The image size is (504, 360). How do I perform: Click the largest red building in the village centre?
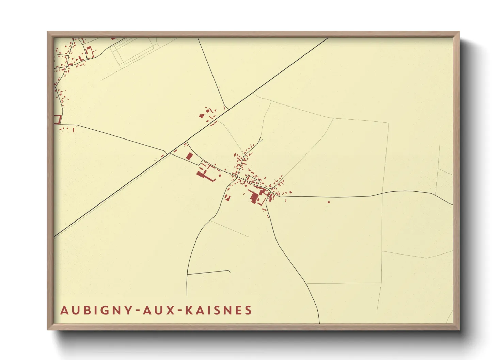coord(254,197)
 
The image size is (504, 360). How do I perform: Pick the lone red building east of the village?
coord(329,202)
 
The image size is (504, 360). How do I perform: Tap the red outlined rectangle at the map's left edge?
coord(58,120)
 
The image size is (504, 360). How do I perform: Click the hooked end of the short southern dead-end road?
coord(229,271)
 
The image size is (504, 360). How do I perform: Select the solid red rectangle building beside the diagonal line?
coord(189,156)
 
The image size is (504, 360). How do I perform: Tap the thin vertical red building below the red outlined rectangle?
coord(73,130)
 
